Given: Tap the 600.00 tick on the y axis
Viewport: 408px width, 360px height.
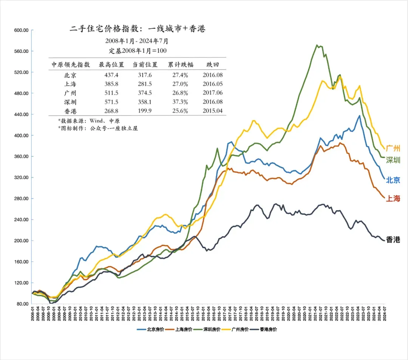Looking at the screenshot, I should coord(22,30).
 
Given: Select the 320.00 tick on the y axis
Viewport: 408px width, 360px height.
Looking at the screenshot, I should coord(22,178).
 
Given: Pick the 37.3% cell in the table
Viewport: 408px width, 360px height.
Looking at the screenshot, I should coord(181,102).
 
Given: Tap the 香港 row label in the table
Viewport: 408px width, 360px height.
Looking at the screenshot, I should coord(71,111).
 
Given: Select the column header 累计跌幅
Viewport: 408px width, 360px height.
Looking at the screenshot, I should coord(181,65).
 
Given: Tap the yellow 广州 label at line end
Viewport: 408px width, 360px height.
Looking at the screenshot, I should coord(393,148).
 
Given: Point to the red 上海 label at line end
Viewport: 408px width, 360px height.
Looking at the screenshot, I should coord(393,199).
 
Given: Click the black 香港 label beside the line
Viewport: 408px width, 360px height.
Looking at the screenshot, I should coord(393,240).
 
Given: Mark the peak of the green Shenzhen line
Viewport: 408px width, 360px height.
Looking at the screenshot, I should coord(317,45).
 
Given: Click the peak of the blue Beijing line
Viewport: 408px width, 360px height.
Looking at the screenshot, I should coord(359,116).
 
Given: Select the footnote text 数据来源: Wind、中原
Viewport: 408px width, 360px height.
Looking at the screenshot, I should coord(89,121).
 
